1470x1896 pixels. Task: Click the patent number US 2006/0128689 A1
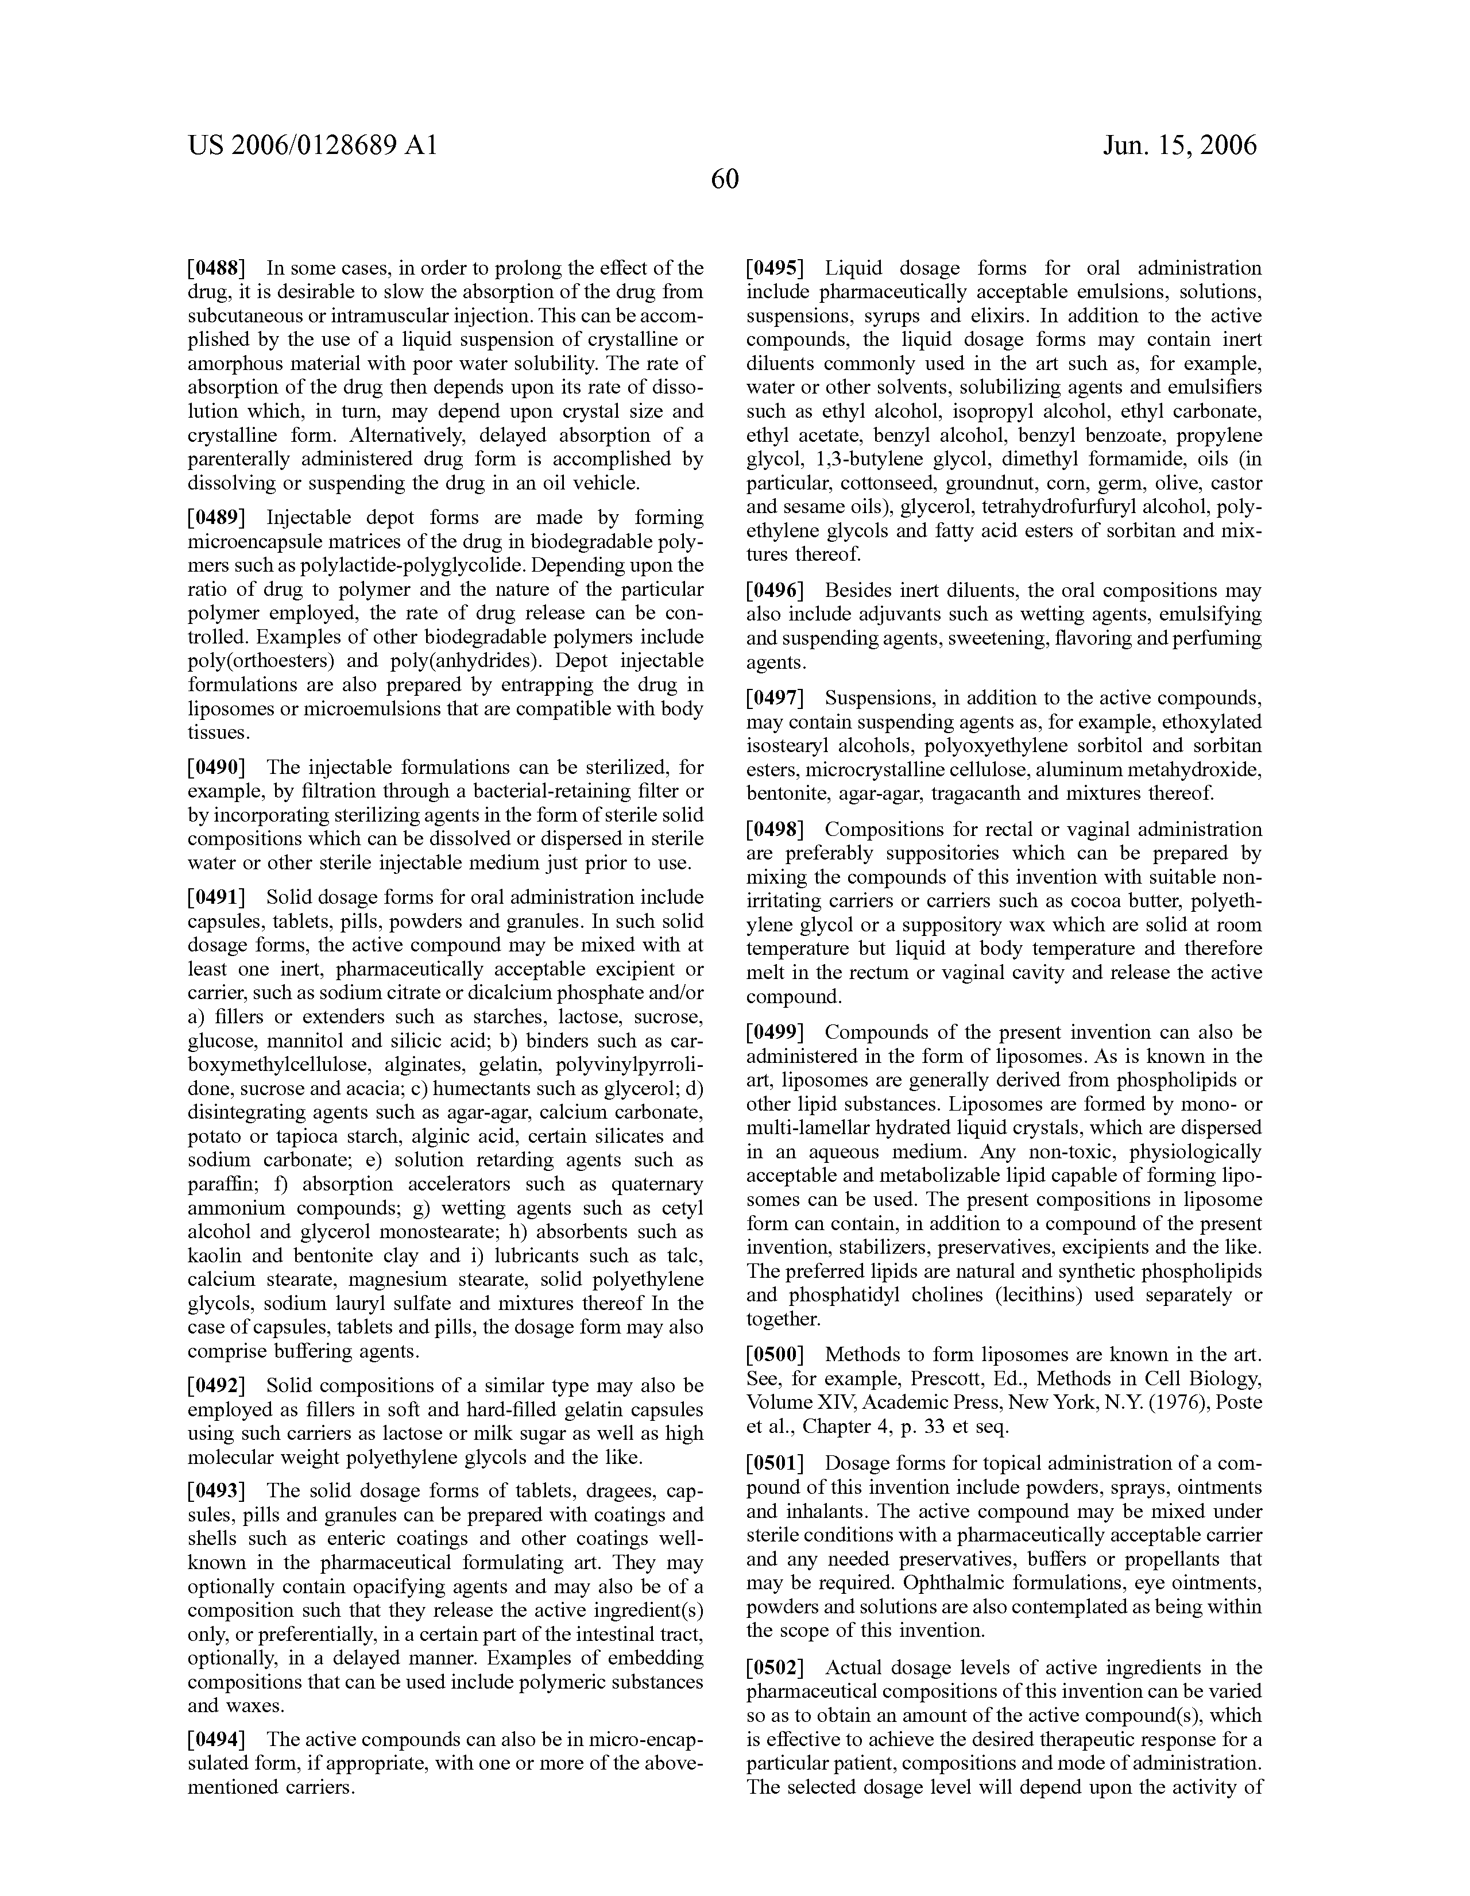pos(312,145)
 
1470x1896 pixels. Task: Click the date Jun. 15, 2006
pos(1179,145)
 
